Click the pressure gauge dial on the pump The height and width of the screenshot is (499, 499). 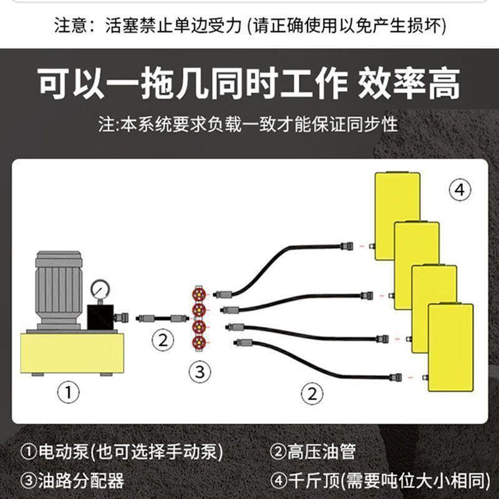100,289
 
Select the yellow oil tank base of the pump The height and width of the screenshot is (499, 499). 72,353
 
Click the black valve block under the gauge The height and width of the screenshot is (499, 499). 100,317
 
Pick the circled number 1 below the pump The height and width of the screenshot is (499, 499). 68,392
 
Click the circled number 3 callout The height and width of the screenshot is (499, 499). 200,372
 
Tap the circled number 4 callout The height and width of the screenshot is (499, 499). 460,190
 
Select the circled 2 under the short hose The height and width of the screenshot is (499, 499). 163,341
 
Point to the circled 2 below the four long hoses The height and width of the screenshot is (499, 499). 312,394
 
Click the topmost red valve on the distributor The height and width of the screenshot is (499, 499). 199,294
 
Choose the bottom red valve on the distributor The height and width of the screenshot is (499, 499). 199,342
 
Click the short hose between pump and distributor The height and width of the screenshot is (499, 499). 162,318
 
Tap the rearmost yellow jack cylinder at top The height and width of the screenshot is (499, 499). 397,216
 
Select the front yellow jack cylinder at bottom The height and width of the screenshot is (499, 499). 450,347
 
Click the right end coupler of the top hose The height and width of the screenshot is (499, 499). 347,246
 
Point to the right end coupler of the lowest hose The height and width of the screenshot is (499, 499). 395,377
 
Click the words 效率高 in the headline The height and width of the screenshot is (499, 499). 409,84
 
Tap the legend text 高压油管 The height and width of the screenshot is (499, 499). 321,452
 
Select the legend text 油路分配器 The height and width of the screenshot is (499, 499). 81,480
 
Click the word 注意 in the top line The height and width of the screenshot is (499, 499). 70,26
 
